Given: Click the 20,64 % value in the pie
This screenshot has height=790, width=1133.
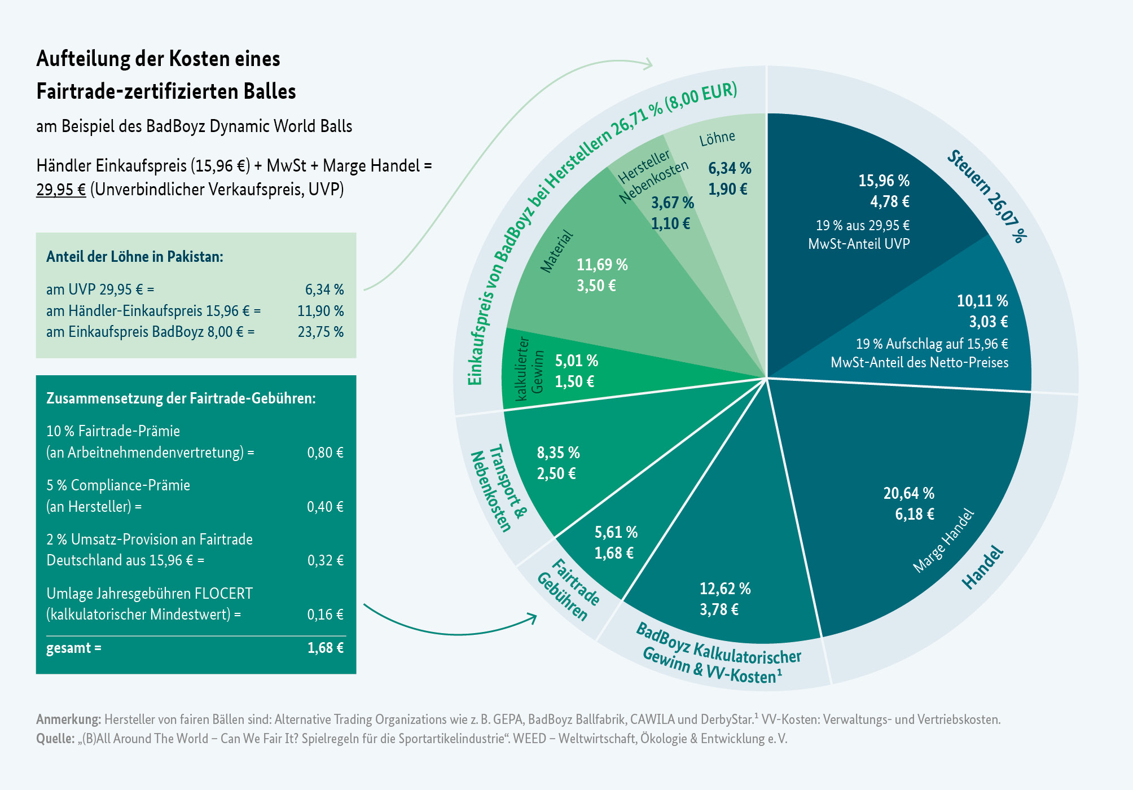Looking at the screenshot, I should [908, 494].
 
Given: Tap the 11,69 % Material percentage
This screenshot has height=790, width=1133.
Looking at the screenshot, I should [602, 265].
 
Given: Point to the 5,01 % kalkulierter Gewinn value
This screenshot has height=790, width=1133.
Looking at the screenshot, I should [576, 361].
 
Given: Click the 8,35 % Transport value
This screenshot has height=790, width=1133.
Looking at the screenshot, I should [558, 453].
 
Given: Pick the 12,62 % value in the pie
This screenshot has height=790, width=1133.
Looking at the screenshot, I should [725, 589].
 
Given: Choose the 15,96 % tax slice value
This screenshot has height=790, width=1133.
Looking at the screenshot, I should [884, 181].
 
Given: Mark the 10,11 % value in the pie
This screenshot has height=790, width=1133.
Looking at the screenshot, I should [982, 301].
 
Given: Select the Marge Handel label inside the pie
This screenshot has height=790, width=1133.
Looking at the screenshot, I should [943, 541].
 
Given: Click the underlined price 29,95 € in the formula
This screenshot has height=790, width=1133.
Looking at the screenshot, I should [61, 190].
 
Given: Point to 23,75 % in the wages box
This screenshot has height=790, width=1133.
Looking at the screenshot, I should [320, 332].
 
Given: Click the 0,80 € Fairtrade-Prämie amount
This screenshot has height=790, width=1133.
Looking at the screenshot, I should [325, 453].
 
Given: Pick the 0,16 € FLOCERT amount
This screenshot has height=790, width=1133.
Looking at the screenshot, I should [325, 615].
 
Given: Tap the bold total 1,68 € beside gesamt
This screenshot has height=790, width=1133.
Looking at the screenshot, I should [325, 648].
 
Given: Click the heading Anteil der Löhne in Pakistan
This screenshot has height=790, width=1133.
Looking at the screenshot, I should [135, 257].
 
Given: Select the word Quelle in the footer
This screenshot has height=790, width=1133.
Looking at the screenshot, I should [55, 739].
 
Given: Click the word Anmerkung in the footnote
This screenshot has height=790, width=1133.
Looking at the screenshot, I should [68, 719].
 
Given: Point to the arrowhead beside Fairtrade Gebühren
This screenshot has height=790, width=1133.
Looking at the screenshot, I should [533, 617].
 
